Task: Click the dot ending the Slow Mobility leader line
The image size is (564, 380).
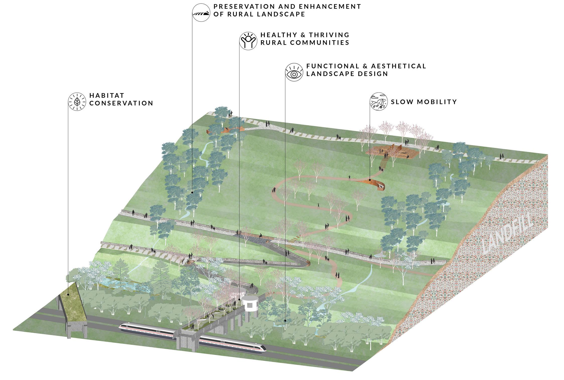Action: (369, 180)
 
